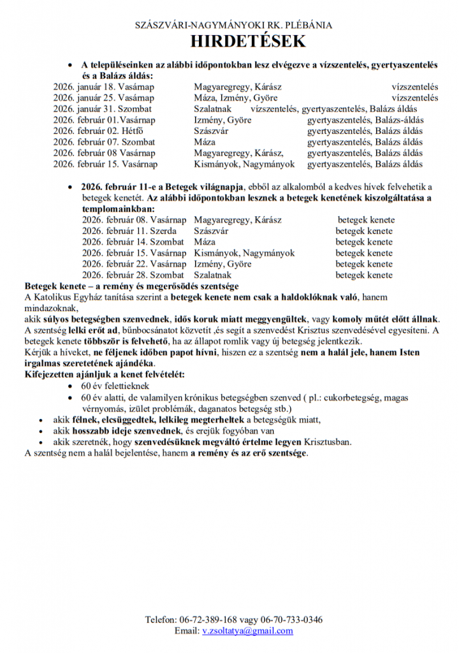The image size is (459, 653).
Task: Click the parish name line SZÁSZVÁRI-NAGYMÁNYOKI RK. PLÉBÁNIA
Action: [x=233, y=26]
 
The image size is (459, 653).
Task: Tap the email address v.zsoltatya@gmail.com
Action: [x=247, y=631]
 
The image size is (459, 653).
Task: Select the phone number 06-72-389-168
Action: [x=208, y=619]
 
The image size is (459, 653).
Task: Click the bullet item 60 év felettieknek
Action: [x=115, y=386]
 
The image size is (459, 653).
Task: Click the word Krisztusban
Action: [x=328, y=441]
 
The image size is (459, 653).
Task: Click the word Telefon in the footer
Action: [x=160, y=619]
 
